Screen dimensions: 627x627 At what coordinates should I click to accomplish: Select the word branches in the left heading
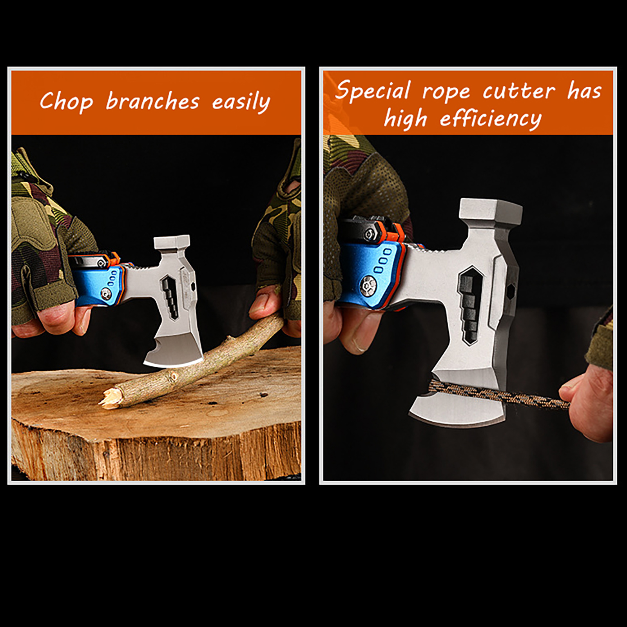[153, 101]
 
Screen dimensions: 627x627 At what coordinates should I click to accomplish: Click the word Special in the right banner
[373, 91]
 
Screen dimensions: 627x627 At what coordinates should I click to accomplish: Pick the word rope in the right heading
[446, 93]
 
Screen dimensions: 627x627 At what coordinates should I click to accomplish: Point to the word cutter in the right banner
[519, 91]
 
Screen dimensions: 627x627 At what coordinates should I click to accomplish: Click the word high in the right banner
[405, 119]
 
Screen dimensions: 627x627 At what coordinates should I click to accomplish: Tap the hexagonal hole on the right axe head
[511, 291]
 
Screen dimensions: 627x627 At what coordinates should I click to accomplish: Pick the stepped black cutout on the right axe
[471, 305]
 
